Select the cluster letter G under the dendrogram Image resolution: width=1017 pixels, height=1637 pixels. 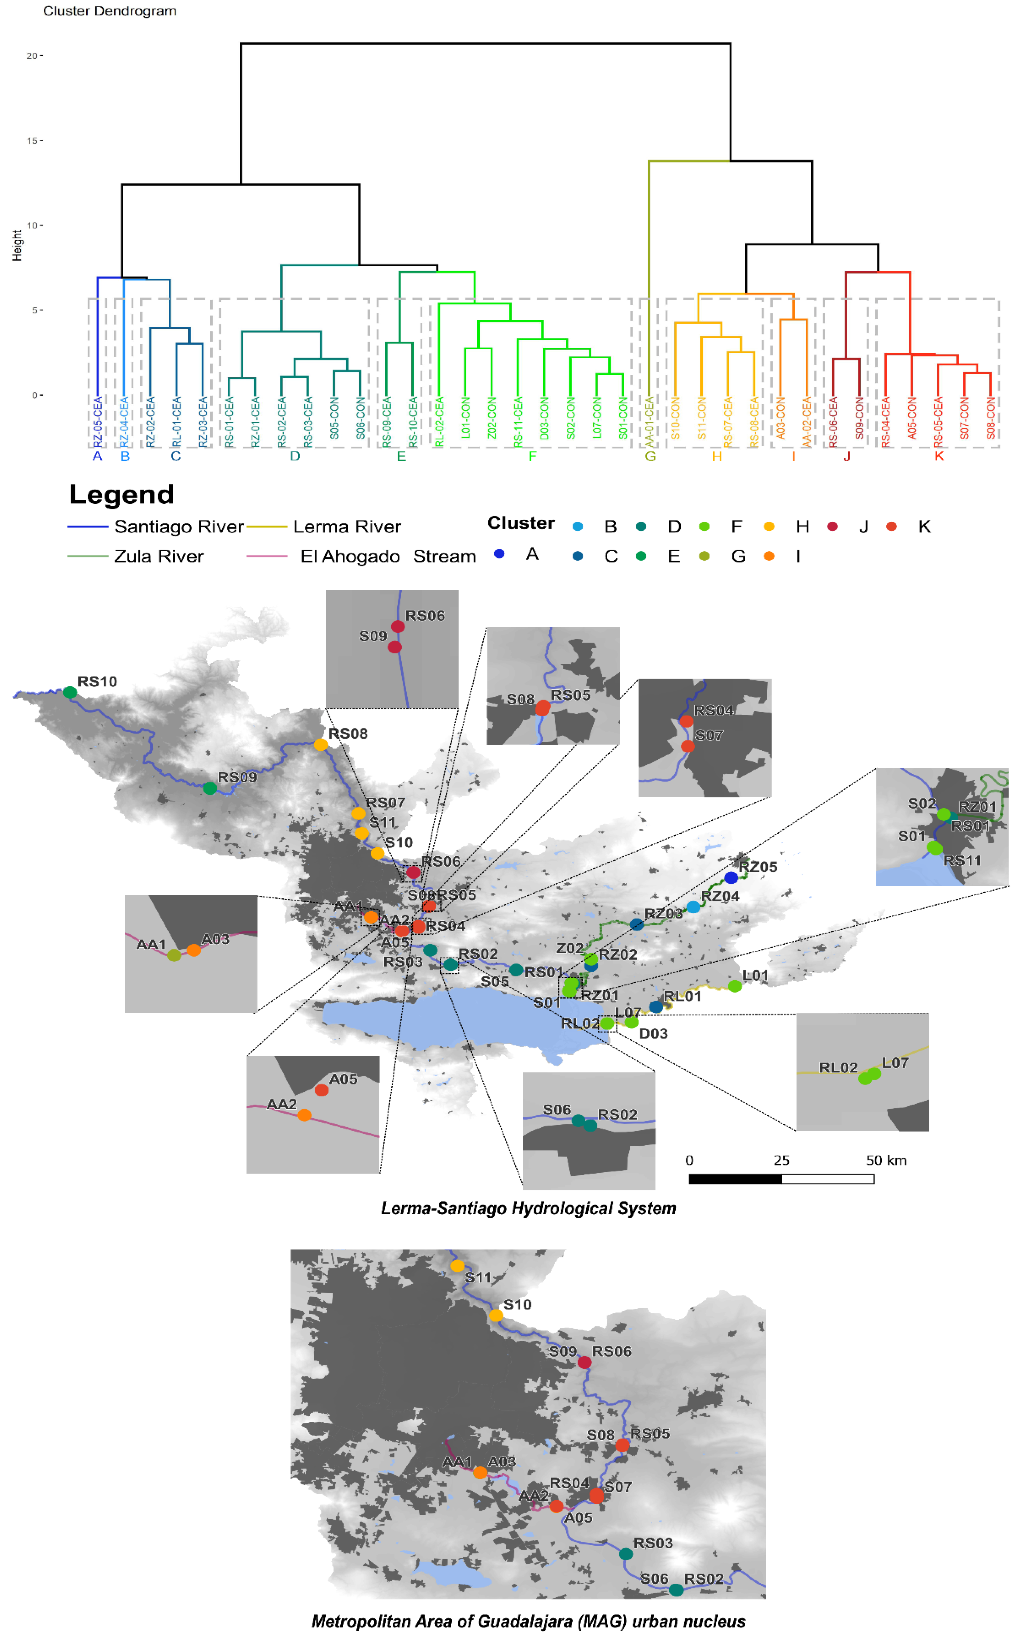(x=650, y=457)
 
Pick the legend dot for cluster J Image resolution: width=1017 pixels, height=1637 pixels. (x=833, y=526)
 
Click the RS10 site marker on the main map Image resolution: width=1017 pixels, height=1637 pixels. (x=70, y=692)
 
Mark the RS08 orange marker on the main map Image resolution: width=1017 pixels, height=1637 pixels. (x=321, y=744)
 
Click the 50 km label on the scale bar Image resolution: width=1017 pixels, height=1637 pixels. (x=886, y=1160)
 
